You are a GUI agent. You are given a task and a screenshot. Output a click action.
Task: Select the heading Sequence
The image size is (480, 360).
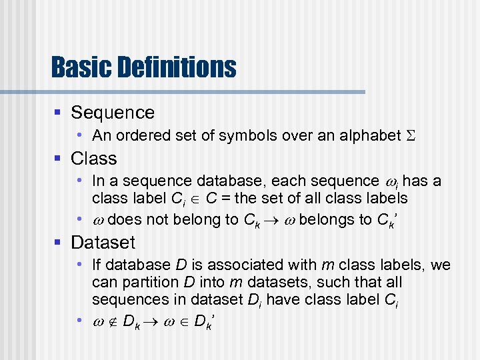click(113, 113)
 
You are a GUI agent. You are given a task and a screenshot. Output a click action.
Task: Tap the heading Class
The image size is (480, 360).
click(94, 159)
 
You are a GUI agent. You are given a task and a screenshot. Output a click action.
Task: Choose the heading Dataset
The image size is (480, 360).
click(103, 243)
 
